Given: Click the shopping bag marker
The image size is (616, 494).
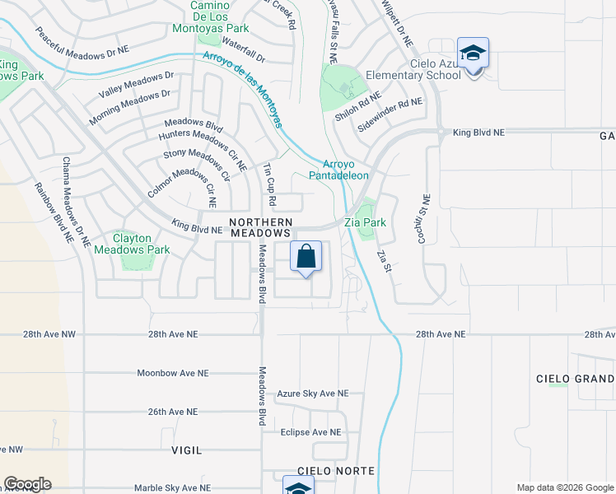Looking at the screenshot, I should (306, 257).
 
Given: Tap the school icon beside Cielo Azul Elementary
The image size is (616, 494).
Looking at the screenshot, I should (473, 54).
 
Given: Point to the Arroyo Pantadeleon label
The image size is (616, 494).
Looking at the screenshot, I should (338, 170).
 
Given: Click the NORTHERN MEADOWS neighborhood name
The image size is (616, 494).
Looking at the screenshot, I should (261, 228).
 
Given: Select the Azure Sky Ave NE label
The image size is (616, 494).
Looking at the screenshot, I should (313, 394).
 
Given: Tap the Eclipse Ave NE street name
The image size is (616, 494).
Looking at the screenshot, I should (310, 432).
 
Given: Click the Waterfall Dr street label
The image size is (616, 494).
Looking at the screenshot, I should (243, 51).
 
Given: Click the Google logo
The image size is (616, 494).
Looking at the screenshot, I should (27, 484).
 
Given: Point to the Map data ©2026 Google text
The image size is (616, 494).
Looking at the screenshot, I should (564, 487).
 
